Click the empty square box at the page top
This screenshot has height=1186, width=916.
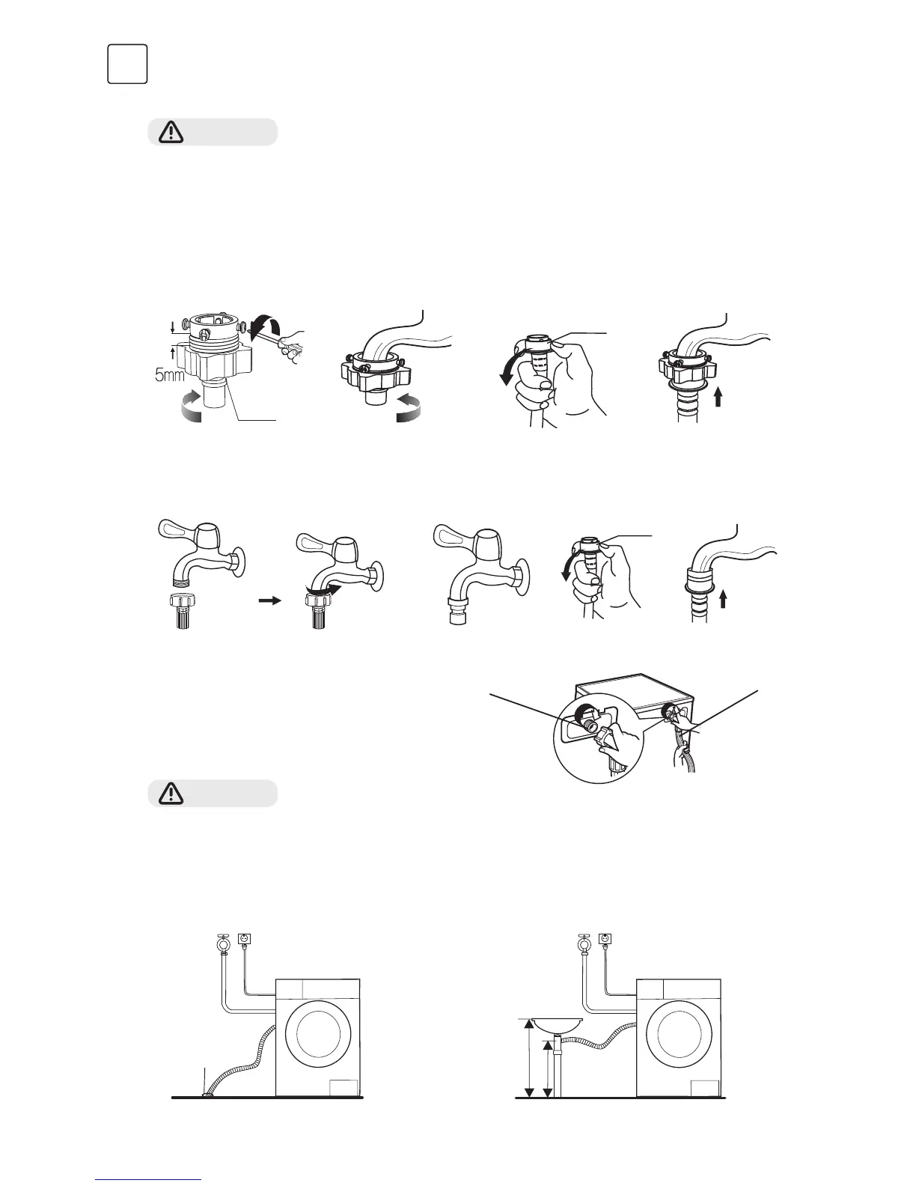tap(127, 64)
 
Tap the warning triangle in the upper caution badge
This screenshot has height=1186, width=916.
tap(172, 132)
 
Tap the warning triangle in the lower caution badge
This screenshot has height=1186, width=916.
tap(172, 793)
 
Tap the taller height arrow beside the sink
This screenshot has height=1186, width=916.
tap(528, 1058)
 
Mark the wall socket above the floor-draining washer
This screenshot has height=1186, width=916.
tap(242, 938)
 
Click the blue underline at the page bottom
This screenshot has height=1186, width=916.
tap(149, 1180)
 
